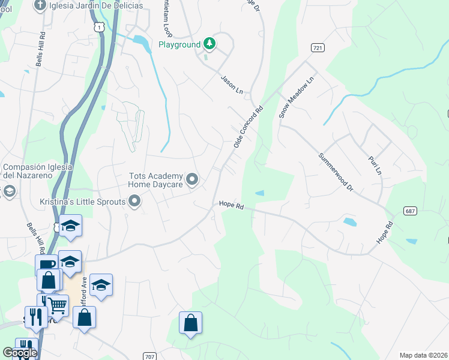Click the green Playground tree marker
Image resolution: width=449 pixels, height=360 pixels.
(209, 43)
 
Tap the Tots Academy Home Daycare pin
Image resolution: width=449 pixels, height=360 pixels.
(192, 179)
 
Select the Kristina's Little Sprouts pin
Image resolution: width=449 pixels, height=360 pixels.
(135, 202)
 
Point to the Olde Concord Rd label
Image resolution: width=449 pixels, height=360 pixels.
(249, 127)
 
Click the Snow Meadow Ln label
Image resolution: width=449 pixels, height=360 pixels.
(297, 97)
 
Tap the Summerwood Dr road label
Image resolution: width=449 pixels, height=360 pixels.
(336, 171)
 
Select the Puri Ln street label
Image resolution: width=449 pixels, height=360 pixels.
(375, 162)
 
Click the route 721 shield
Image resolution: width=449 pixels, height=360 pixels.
(318, 47)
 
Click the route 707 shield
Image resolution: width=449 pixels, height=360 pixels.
(150, 356)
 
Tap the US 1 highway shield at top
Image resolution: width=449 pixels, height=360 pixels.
(99, 27)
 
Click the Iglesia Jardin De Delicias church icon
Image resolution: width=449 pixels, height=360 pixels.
(40, 6)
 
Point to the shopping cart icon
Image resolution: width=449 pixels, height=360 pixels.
(58, 305)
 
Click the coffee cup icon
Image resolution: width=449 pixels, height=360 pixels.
(46, 265)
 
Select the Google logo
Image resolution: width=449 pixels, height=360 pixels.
(20, 353)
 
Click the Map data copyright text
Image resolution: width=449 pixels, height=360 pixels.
(424, 355)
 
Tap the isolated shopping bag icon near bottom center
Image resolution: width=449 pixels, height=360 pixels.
(190, 323)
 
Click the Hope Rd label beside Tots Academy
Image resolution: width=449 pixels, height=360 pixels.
(231, 206)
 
